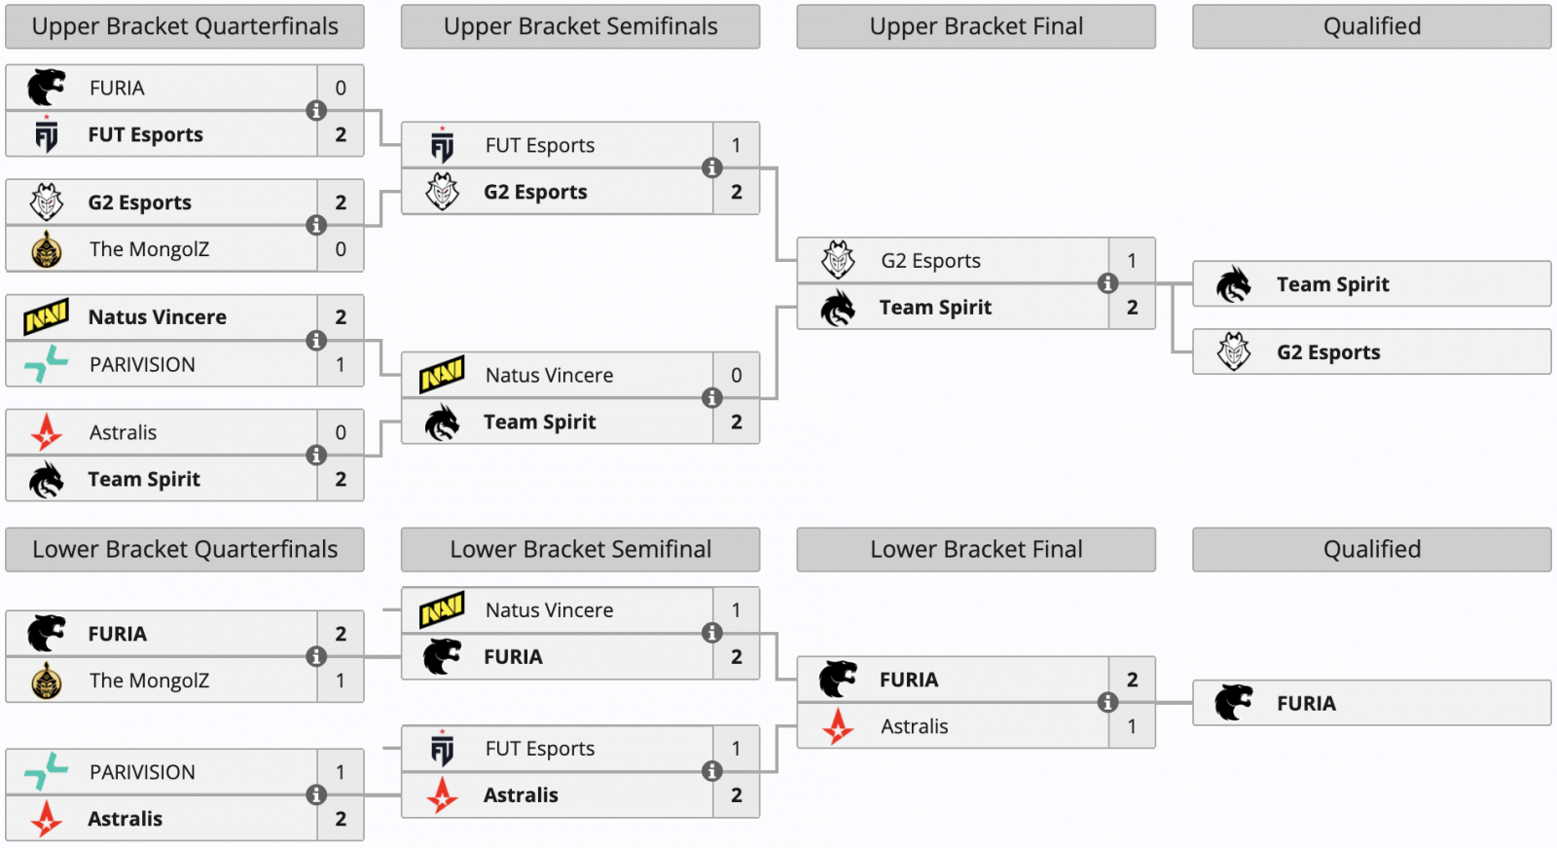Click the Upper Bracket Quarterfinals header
pos(185,26)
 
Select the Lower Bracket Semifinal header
pos(580,549)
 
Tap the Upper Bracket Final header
pos(976,26)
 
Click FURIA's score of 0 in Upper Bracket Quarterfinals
pos(341,88)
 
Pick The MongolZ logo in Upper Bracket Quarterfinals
pos(47,249)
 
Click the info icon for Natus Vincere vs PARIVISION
pos(316,341)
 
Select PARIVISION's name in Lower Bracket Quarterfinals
pos(142,772)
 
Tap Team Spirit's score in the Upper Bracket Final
pos(1132,308)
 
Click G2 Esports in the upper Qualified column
pos(1328,352)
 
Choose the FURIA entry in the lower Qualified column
pos(1306,703)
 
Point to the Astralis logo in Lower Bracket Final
pos(838,726)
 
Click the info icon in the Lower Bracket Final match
pos(1107,703)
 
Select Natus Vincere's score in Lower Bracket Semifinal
pos(737,610)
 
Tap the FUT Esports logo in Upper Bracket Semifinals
pos(443,145)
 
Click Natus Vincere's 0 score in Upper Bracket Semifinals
pos(737,375)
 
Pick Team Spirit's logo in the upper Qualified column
pos(1234,284)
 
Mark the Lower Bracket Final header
pos(976,549)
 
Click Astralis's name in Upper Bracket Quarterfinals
pos(123,432)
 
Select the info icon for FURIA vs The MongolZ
pos(316,657)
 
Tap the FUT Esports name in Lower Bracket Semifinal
pos(540,749)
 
